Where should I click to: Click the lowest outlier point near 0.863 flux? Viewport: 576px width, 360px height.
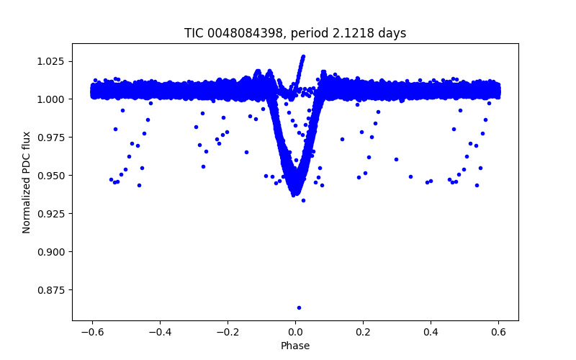299,307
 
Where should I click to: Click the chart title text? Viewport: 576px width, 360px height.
295,33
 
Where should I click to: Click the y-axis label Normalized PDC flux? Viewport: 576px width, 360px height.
27,181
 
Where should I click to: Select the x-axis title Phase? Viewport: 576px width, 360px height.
295,346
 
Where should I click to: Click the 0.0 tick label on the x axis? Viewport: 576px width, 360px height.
295,332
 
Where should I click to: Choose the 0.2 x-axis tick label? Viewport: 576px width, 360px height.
363,332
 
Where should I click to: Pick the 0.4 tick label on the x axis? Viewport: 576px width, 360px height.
431,332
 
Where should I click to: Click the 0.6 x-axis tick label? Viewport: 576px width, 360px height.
498,332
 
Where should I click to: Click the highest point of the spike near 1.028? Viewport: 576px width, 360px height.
303,56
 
